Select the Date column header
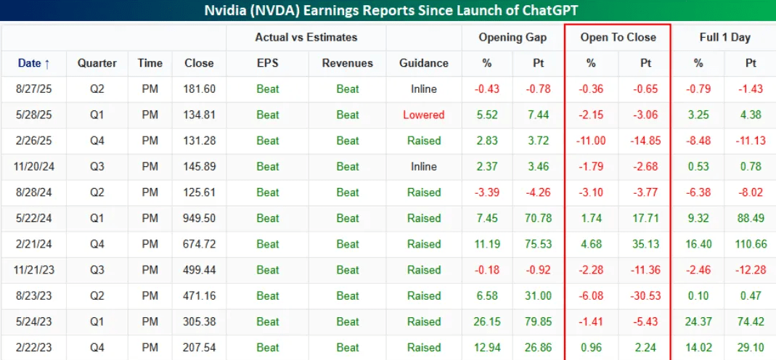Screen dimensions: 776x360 click(33, 63)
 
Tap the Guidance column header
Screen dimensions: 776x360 click(424, 63)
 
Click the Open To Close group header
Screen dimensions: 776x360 click(618, 38)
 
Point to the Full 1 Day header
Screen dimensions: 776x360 click(724, 38)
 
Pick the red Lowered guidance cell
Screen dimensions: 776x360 click(424, 115)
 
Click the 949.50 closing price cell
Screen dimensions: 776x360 click(200, 218)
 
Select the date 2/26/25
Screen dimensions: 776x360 click(33, 141)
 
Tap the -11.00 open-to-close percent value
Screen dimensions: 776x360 click(591, 141)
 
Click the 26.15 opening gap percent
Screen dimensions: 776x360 click(488, 322)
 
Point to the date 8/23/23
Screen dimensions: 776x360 click(33, 295)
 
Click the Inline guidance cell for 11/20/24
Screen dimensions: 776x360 click(424, 167)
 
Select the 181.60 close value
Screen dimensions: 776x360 click(200, 89)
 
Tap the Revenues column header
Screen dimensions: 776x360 click(348, 63)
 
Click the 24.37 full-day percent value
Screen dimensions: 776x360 click(698, 322)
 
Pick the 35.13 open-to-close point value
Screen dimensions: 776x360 click(645, 245)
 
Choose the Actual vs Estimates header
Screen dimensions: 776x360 click(306, 38)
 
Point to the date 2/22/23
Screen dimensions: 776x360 click(33, 347)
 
